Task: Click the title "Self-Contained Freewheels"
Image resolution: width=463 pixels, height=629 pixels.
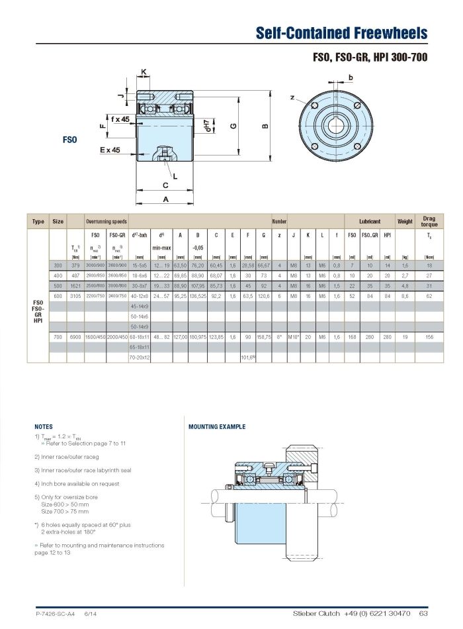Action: point(341,34)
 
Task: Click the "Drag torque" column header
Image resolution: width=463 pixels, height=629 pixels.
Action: point(429,221)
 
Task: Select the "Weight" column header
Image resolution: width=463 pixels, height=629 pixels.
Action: point(405,221)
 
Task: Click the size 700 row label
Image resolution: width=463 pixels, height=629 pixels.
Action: point(58,337)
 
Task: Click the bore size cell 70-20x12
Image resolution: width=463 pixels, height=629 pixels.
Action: point(140,358)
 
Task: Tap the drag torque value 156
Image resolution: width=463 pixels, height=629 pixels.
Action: point(429,337)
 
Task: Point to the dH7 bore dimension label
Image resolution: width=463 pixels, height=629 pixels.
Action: point(208,125)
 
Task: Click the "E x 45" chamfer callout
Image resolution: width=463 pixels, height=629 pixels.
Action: point(110,150)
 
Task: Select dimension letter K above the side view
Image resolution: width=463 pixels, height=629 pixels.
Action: point(144,72)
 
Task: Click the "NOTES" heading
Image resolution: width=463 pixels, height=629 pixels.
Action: point(43,427)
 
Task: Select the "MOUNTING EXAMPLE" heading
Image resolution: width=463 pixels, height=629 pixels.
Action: point(217,427)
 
